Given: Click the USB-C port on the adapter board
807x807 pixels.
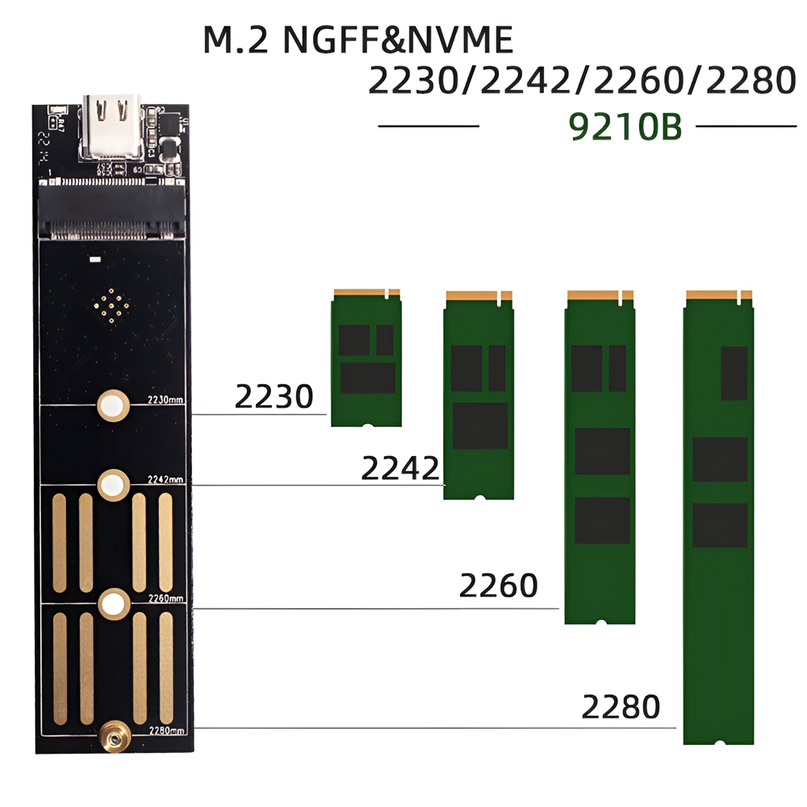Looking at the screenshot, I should pos(111,128).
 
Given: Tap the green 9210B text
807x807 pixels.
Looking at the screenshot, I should pos(626,127).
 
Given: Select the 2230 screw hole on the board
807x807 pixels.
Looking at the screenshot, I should pos(113,405).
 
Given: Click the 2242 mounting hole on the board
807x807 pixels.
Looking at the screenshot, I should pos(113,485).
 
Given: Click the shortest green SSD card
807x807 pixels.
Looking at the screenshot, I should pos(366,358).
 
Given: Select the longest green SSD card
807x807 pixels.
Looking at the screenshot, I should pos(719,516).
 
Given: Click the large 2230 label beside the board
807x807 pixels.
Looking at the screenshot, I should pos(274,397).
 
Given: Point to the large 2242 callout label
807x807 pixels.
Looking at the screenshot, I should pos(399,468).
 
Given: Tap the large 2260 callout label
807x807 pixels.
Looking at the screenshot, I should pos(498,586).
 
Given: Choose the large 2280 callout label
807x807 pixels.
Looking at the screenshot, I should pos(621,708).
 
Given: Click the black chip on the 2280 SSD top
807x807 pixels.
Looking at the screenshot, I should pos(734,373).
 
